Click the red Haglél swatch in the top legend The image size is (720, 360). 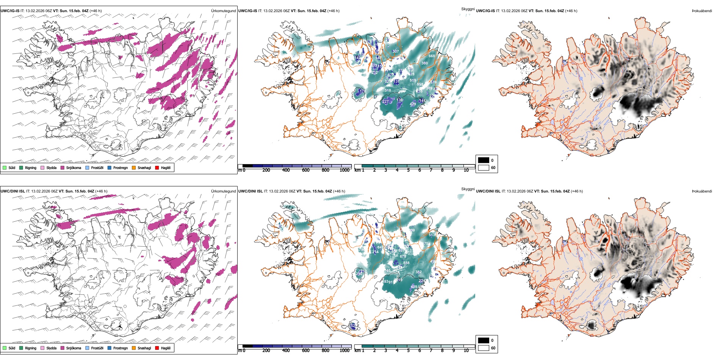click(157, 167)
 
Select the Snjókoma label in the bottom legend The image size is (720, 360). click(74, 348)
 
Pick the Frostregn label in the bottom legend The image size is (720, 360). click(121, 348)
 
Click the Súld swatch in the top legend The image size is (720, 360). click(5, 167)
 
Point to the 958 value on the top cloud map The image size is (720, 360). click(420, 85)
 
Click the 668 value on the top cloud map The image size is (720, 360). click(432, 56)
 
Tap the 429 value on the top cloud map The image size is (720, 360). click(413, 104)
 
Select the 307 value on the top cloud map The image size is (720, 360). click(395, 51)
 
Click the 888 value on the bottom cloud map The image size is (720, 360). click(406, 263)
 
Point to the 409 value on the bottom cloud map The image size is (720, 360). click(414, 287)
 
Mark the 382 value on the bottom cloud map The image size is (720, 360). click(418, 272)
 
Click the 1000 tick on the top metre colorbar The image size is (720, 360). click(344, 170)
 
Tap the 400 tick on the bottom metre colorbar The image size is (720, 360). click(286, 351)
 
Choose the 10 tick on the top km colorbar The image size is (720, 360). click(466, 170)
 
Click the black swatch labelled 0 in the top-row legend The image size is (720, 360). click(484, 160)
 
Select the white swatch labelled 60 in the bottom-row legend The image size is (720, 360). click(484, 348)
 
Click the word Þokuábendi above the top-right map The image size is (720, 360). click(702, 11)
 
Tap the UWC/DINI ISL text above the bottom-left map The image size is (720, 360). click(13, 191)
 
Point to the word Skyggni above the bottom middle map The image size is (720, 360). click(468, 189)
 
